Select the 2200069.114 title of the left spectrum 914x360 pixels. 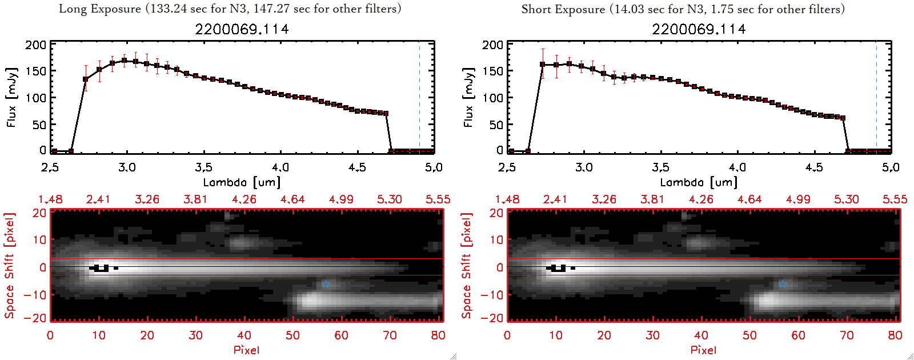pyautogui.click(x=242, y=29)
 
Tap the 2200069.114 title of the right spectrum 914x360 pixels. pyautogui.click(x=699, y=29)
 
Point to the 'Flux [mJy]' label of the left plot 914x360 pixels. pyautogui.click(x=12, y=97)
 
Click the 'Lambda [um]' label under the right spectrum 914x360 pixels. pyautogui.click(x=699, y=182)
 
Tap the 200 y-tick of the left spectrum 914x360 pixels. pyautogui.click(x=35, y=45)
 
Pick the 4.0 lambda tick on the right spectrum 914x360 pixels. pyautogui.click(x=737, y=167)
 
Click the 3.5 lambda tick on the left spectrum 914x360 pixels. pyautogui.click(x=203, y=167)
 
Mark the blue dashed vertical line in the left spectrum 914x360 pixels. pyautogui.click(x=419, y=97)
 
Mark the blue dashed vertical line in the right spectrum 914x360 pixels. pyautogui.click(x=876, y=97)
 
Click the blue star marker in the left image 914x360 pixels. pyautogui.click(x=326, y=284)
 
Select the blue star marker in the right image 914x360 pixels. pyautogui.click(x=783, y=284)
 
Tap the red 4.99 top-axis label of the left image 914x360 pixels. pyautogui.click(x=341, y=199)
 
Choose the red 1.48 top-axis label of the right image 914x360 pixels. pyautogui.click(x=507, y=199)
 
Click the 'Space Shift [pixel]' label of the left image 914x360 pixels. pyautogui.click(x=9, y=266)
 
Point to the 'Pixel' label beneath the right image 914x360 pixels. pyautogui.click(x=703, y=350)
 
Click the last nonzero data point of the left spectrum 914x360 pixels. pyautogui.click(x=386, y=113)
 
